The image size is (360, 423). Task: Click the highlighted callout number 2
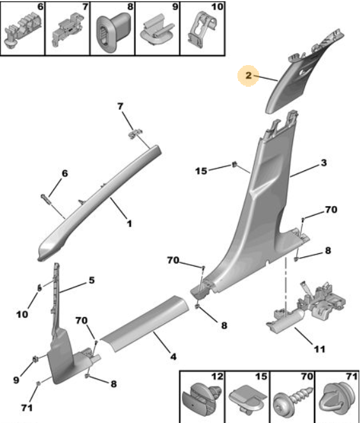(248, 75)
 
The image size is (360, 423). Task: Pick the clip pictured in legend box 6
(23, 30)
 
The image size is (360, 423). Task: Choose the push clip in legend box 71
(337, 399)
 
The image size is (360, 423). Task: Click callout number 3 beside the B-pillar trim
(324, 163)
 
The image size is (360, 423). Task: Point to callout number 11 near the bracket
(320, 349)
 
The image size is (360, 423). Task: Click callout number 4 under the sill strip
(173, 357)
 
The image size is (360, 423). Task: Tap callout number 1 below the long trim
(130, 224)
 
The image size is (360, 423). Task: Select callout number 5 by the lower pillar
(92, 280)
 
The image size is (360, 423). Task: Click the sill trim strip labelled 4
(144, 323)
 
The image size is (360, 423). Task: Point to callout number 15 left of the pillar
(201, 171)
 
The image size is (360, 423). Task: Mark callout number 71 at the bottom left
(27, 407)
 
